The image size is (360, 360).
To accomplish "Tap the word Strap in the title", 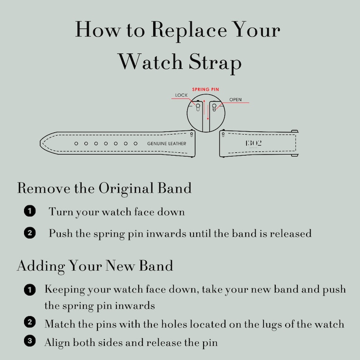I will [x=215, y=62].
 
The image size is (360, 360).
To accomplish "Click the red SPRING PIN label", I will [x=205, y=89].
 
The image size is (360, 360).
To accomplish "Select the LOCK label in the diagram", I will [x=181, y=95].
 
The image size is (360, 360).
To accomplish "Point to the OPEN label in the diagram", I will [x=235, y=99].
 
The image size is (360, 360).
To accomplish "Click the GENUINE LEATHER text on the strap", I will [x=167, y=143].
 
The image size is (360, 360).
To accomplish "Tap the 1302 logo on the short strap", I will [x=253, y=143].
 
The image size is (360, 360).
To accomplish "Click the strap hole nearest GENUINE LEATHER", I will [x=136, y=143].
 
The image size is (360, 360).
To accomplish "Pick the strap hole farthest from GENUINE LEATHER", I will [x=76, y=143].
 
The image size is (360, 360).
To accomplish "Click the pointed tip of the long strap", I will [x=42, y=143].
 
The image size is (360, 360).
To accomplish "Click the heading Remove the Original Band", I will [x=104, y=188].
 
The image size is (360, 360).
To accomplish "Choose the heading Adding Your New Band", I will [x=95, y=265].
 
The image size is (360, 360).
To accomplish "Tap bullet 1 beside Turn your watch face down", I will [x=29, y=211].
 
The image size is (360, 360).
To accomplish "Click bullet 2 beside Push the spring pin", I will [x=29, y=234].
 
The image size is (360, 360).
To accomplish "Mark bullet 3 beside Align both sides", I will [x=29, y=341].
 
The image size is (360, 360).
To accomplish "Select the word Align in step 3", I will [x=57, y=342].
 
